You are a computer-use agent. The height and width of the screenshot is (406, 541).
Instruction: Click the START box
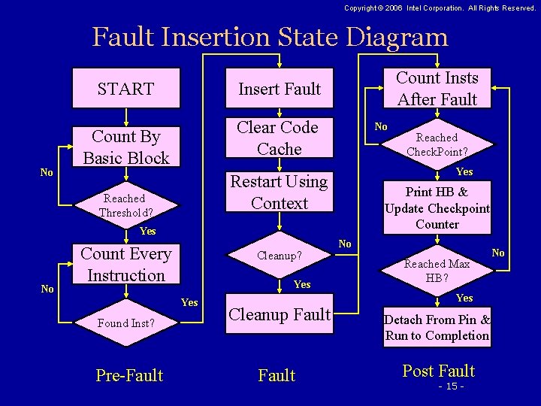coord(126,89)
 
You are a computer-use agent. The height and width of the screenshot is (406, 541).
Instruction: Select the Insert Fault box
coord(279,89)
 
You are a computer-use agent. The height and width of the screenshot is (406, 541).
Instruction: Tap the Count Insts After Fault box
coord(437,89)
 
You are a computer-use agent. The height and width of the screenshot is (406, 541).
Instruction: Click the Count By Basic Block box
coord(126,147)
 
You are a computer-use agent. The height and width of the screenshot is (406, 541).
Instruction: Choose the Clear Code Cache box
coord(279,138)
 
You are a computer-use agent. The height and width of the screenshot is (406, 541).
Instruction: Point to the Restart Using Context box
coord(279,192)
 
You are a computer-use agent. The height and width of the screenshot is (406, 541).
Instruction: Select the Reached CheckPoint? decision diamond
coord(437,144)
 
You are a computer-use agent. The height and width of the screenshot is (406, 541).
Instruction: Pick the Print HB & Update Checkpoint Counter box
coord(437,208)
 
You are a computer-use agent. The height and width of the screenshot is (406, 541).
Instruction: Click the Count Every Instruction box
coord(126,264)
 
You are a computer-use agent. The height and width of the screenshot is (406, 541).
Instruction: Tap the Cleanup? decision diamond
coord(279,256)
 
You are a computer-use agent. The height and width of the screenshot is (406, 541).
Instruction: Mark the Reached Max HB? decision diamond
coord(437,270)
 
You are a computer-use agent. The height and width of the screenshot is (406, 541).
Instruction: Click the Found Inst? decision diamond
coord(126,324)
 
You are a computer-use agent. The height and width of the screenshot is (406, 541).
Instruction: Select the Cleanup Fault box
coord(279,316)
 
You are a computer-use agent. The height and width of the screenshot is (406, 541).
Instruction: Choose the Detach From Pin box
coord(437,327)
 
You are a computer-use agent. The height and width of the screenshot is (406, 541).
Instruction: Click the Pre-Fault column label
coord(129,375)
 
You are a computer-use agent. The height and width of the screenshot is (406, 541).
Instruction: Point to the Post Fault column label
coord(439,371)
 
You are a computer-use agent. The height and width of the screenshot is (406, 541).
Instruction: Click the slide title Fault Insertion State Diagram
coord(270,36)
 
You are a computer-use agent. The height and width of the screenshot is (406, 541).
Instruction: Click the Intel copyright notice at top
coord(440,8)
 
